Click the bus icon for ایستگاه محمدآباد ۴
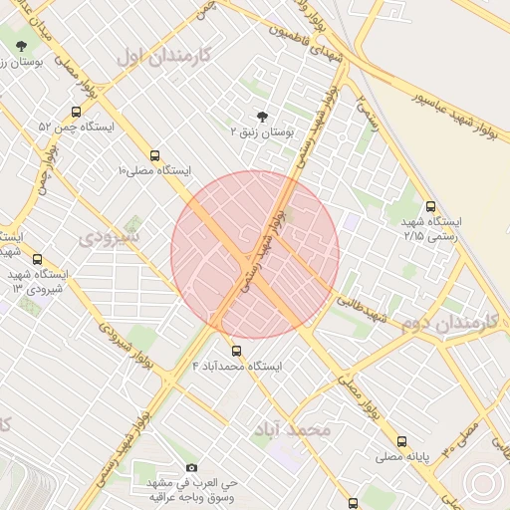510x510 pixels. coord(236,351)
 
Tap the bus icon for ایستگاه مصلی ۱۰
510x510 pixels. coord(154,155)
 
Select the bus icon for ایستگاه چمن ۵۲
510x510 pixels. coord(77,112)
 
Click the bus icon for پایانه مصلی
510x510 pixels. coord(402,441)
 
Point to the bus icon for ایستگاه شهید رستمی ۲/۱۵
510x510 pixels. coord(429,206)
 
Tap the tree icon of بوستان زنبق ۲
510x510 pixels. coord(263,116)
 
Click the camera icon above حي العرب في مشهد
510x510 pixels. coord(191,467)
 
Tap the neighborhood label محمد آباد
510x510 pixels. coord(291,429)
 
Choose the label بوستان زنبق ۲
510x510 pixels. coord(263,131)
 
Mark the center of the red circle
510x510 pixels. coord(255,254)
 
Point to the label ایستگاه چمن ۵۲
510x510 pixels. coord(77,127)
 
